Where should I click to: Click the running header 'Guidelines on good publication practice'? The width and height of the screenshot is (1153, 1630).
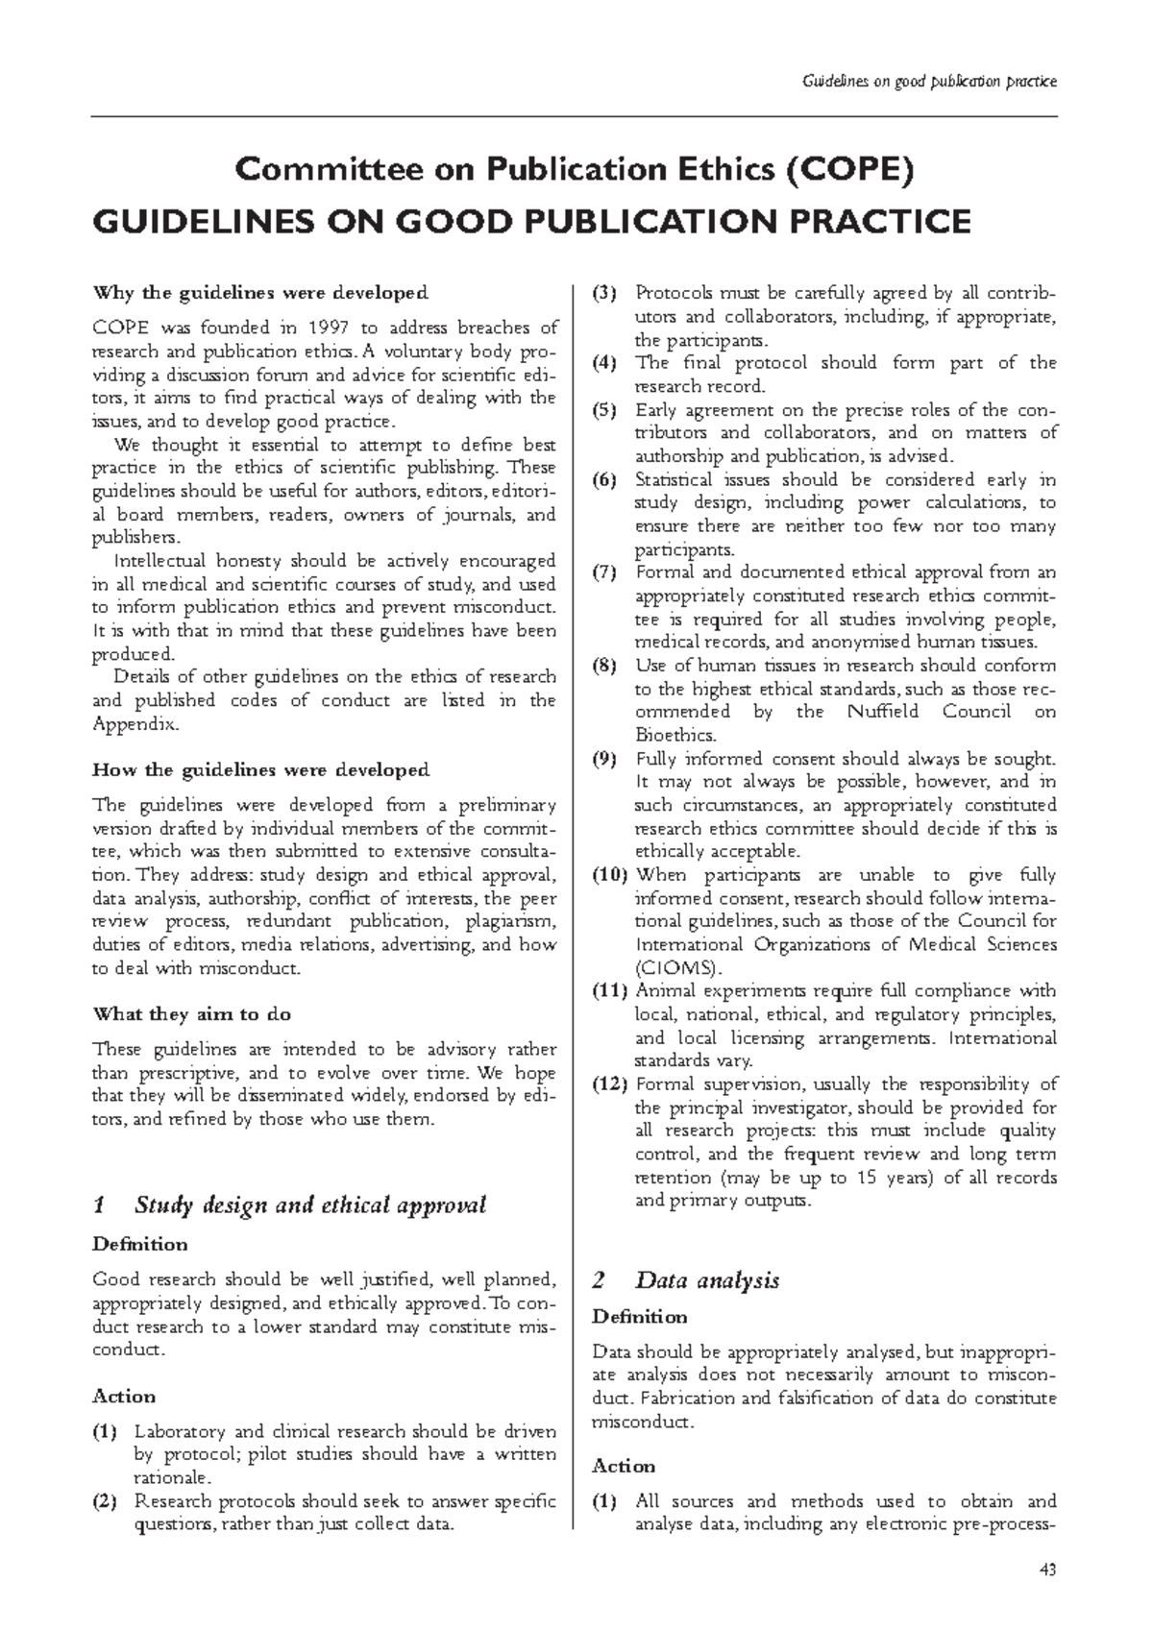pos(928,81)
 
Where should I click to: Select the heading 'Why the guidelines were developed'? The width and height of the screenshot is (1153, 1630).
pos(259,292)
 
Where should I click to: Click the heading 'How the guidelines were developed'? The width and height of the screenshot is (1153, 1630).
pos(260,770)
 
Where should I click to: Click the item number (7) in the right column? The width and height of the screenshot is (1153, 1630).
pos(605,573)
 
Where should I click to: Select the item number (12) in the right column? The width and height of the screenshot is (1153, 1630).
pos(609,1084)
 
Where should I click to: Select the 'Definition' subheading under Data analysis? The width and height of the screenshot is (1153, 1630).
pos(639,1316)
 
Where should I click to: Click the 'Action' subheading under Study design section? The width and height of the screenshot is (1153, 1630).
pos(124,1396)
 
